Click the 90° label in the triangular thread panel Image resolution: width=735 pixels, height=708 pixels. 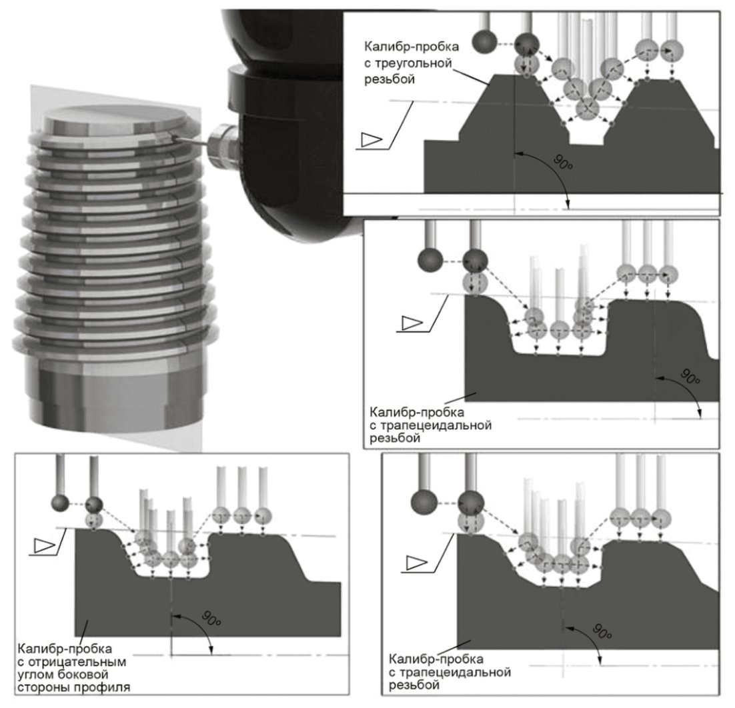click(x=563, y=163)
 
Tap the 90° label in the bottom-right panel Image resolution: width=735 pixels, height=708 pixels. click(x=602, y=631)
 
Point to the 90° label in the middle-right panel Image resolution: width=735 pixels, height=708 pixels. click(x=690, y=376)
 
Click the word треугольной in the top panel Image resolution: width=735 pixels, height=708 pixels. click(x=408, y=63)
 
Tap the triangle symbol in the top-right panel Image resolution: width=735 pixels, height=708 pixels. click(x=372, y=139)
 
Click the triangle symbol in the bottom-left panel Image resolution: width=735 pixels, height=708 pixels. click(x=45, y=545)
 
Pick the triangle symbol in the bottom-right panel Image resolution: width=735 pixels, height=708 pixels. click(x=416, y=563)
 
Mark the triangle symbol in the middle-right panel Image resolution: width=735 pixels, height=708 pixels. click(x=412, y=323)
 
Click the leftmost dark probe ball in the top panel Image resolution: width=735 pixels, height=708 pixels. click(x=484, y=42)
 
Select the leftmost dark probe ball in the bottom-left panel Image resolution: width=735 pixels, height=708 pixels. click(x=60, y=504)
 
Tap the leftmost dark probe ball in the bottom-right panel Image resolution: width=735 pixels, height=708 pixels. click(x=424, y=502)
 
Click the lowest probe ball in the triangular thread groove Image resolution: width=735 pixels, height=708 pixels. click(x=588, y=109)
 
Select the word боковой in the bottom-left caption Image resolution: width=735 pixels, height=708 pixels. click(x=83, y=675)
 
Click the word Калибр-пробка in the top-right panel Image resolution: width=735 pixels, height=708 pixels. click(x=412, y=47)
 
